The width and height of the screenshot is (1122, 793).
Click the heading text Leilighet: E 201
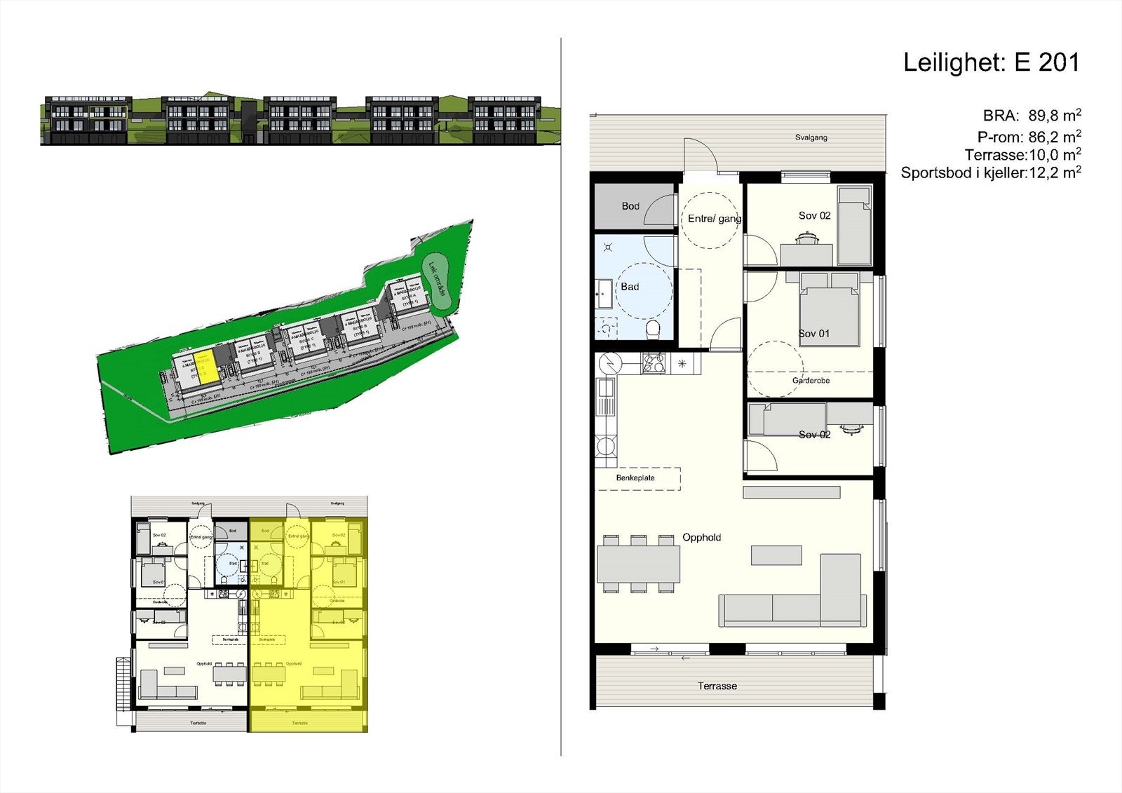pos(991,62)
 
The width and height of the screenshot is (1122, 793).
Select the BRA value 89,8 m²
pos(1054,116)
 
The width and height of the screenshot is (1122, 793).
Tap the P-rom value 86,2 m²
pos(1054,137)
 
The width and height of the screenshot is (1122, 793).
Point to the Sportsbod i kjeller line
pos(990,172)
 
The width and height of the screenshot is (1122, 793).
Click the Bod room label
pos(630,206)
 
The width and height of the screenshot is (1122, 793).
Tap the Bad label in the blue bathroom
pos(630,287)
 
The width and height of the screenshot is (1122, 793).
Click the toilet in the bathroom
pos(653,329)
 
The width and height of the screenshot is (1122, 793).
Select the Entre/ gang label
pos(714,219)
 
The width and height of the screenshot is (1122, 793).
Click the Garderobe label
pos(811,381)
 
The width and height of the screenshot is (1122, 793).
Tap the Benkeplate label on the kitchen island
pos(635,478)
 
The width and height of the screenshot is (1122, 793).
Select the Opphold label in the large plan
pos(701,538)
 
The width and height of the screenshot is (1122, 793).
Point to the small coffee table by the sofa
pos(776,555)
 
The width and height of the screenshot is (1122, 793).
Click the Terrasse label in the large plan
pos(717,686)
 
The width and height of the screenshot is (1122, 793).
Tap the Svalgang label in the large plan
pos(811,137)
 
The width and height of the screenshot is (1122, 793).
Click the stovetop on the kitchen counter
pos(654,362)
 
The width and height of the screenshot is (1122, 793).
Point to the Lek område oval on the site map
pos(436,283)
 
